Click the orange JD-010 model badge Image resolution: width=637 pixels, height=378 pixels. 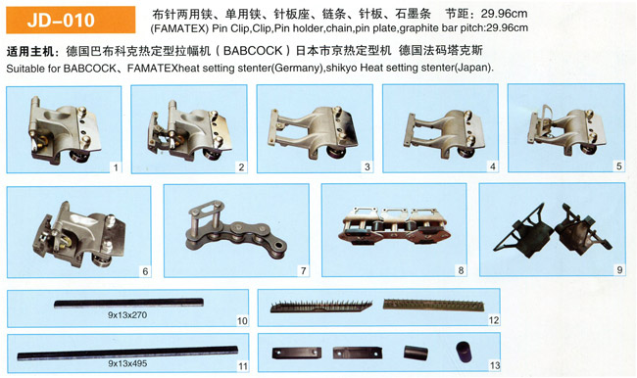[x=71, y=20]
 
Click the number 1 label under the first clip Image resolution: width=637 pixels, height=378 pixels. [x=116, y=167]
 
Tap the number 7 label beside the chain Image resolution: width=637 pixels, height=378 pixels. [x=303, y=271]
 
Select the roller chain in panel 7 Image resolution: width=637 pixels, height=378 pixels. [x=236, y=230]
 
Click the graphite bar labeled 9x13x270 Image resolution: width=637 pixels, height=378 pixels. [x=128, y=303]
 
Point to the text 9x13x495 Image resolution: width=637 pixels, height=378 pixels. [x=127, y=363]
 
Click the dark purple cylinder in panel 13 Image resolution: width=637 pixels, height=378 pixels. [x=465, y=352]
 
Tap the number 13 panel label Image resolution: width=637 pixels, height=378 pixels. [x=494, y=365]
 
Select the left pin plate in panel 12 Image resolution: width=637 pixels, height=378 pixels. [x=321, y=307]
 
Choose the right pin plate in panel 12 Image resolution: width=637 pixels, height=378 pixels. [x=434, y=305]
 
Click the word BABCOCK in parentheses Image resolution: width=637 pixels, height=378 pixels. [x=252, y=51]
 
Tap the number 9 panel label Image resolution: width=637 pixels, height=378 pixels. [x=619, y=270]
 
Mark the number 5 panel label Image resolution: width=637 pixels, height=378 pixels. [x=618, y=166]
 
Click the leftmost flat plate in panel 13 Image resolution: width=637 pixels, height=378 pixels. [x=297, y=353]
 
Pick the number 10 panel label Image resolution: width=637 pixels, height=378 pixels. [x=242, y=321]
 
